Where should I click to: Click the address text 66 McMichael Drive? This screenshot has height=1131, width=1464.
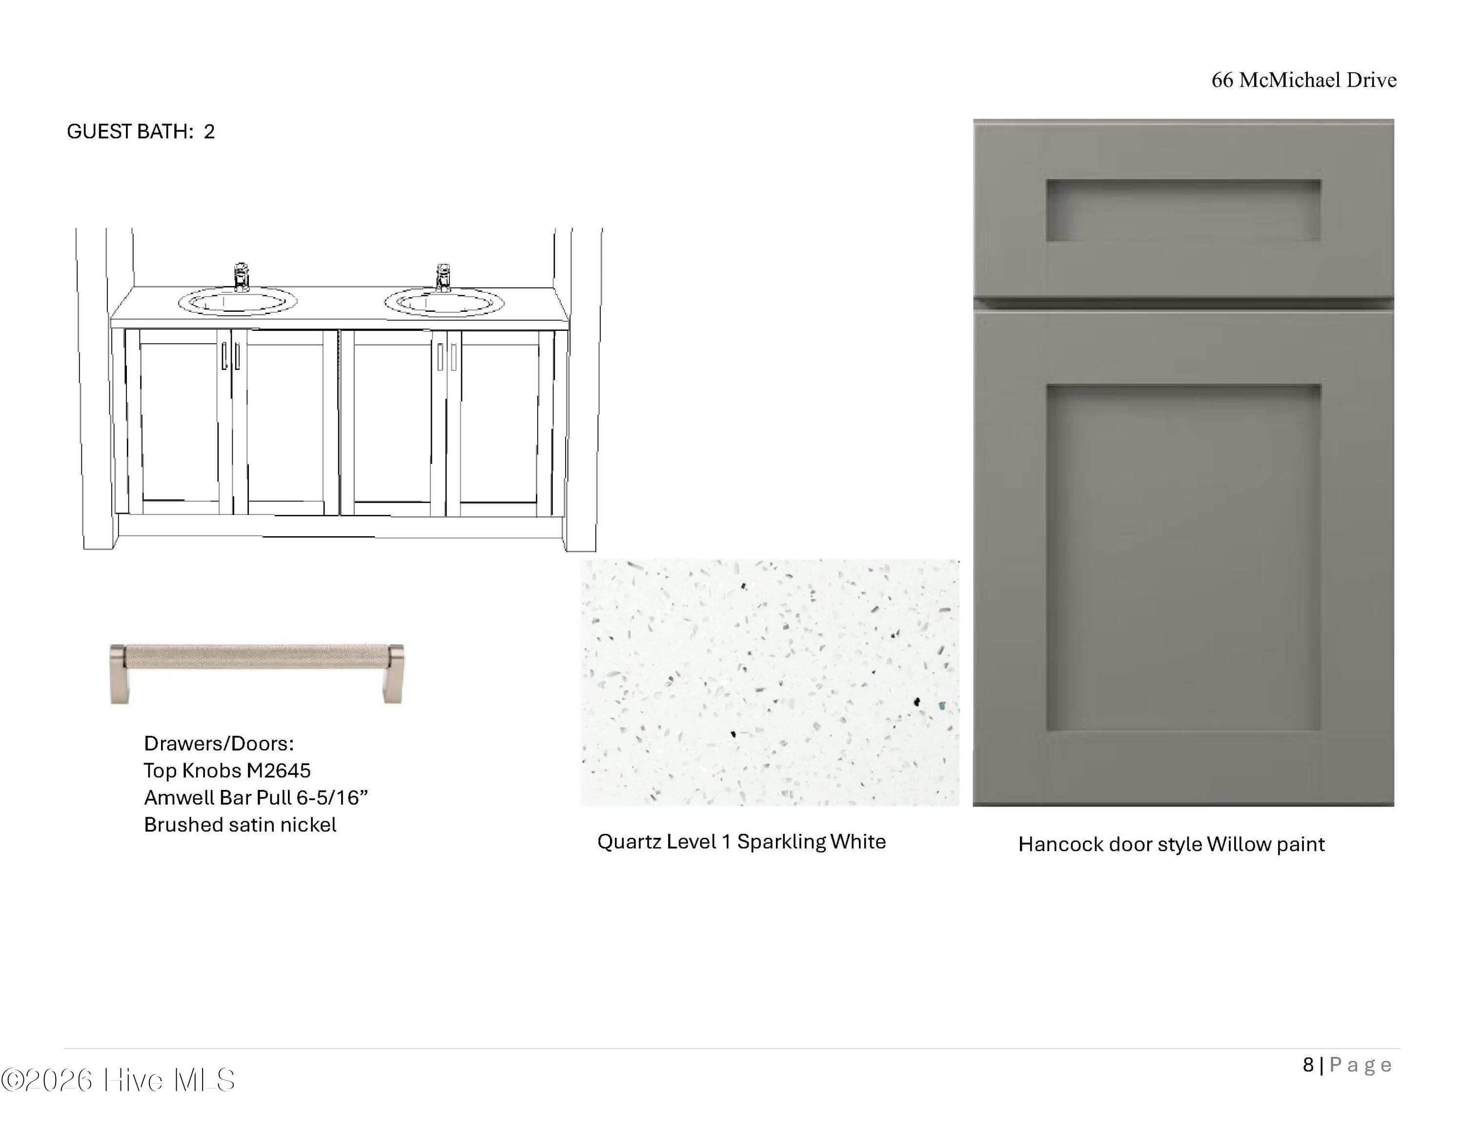(x=1304, y=80)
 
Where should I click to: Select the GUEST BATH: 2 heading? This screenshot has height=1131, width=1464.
(x=141, y=131)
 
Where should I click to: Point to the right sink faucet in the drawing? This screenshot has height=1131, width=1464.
(x=443, y=278)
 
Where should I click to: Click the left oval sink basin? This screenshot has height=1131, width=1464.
(x=237, y=302)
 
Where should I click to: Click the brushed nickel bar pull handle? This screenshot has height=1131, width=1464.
(x=257, y=673)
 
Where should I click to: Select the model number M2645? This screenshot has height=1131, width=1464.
(x=278, y=770)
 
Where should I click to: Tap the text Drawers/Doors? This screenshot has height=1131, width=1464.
(x=219, y=743)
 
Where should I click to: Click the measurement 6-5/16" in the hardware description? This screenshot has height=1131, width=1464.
(x=332, y=797)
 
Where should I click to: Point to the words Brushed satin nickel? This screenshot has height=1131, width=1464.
(x=240, y=825)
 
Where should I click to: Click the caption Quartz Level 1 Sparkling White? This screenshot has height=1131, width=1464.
(x=741, y=842)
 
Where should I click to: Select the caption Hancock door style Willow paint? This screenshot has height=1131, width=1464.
(x=1171, y=844)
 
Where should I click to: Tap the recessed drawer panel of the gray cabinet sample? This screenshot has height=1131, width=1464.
(x=1183, y=210)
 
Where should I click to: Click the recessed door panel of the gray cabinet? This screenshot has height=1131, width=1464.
(x=1183, y=558)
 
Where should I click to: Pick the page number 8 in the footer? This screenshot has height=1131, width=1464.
(x=1308, y=1065)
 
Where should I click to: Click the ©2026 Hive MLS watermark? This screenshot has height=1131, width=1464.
(x=118, y=1080)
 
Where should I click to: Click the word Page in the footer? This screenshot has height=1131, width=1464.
(x=1361, y=1065)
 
